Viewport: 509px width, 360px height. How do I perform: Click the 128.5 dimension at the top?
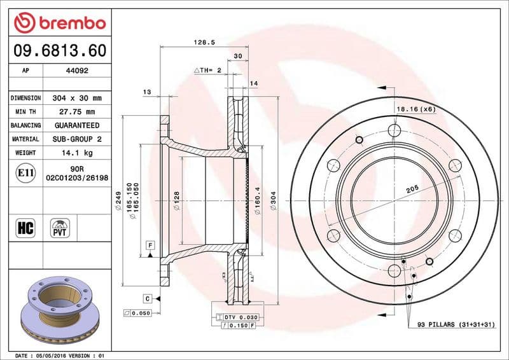coord(202,43)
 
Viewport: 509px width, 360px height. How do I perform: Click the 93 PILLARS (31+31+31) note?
coord(455,324)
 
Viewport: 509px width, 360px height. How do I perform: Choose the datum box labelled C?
coord(147,298)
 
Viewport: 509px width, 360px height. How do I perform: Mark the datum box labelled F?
coord(150,245)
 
